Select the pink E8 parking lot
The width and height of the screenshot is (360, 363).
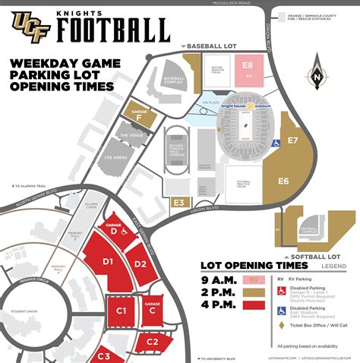248,66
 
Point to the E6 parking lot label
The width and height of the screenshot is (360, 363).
283,181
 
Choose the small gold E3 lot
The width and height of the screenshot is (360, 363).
179,202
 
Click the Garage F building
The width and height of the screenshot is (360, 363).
140,112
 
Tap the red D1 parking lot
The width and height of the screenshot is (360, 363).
107,262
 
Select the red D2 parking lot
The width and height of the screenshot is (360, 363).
140,265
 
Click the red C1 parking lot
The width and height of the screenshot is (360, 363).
120,311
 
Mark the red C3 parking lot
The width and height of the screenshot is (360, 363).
103,354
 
